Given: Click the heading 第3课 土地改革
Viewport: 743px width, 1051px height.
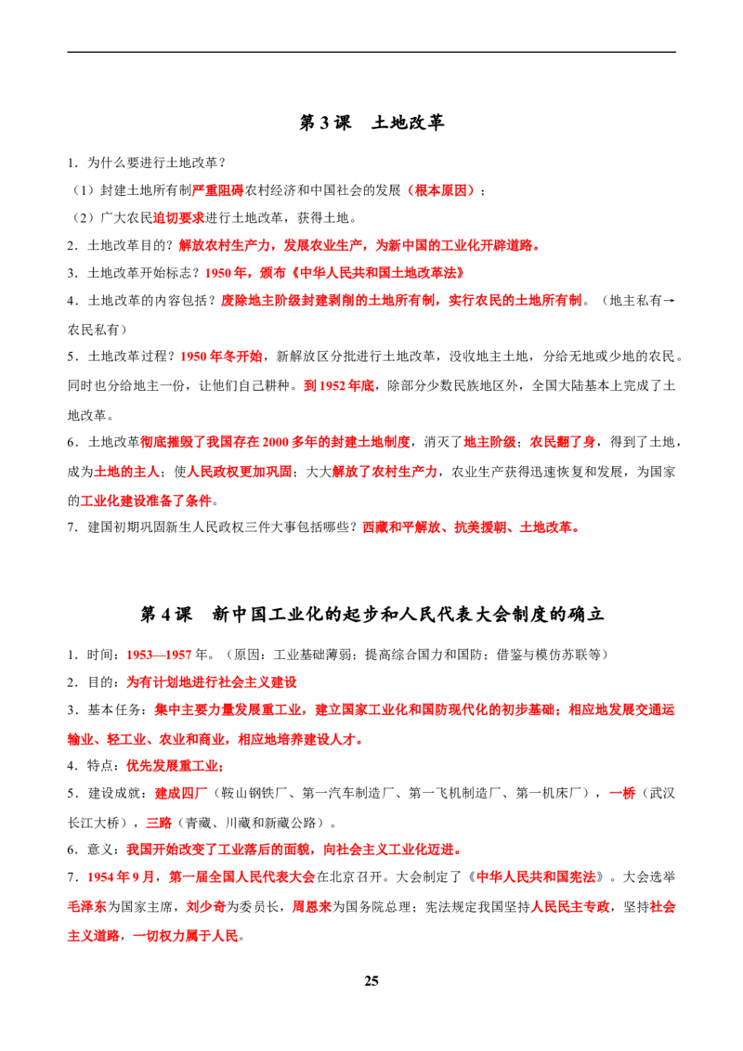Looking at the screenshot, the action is pyautogui.click(x=371, y=123).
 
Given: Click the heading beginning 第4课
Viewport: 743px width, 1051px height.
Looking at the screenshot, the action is pyautogui.click(x=371, y=614).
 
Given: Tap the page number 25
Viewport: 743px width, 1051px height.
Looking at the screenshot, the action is pyautogui.click(x=371, y=980).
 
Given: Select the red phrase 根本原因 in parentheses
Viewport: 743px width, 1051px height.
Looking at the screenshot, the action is pyautogui.click(x=440, y=190).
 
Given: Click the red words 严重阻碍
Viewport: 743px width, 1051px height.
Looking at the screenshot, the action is pyautogui.click(x=218, y=190).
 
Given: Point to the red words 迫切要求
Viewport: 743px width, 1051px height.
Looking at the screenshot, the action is pyautogui.click(x=179, y=218).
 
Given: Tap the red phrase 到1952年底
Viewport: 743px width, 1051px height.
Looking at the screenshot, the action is pyautogui.click(x=339, y=386).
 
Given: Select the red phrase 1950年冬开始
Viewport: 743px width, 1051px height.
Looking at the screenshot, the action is pyautogui.click(x=221, y=357).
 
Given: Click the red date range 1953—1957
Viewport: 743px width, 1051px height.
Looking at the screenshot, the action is pyautogui.click(x=159, y=655).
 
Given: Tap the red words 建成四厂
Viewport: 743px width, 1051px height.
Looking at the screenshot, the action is pyautogui.click(x=181, y=794).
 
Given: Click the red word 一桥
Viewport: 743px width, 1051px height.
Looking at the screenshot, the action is pyautogui.click(x=621, y=794).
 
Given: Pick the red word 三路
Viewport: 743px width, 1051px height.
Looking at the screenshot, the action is pyautogui.click(x=159, y=824).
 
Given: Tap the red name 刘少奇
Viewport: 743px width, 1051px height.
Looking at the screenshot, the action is pyautogui.click(x=205, y=907).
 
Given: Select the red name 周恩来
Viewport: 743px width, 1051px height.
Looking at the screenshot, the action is pyautogui.click(x=312, y=907).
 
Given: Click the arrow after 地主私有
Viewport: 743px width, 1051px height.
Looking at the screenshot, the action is pyautogui.click(x=669, y=301).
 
